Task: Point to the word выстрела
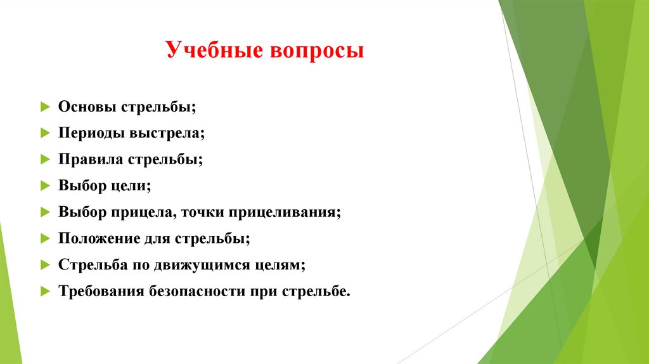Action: tap(167, 133)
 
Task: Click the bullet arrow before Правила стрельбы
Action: tap(44, 159)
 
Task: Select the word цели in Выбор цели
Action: tap(131, 186)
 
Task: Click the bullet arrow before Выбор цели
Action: tap(44, 186)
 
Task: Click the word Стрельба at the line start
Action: tap(93, 266)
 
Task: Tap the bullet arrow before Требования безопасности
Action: tap(44, 292)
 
